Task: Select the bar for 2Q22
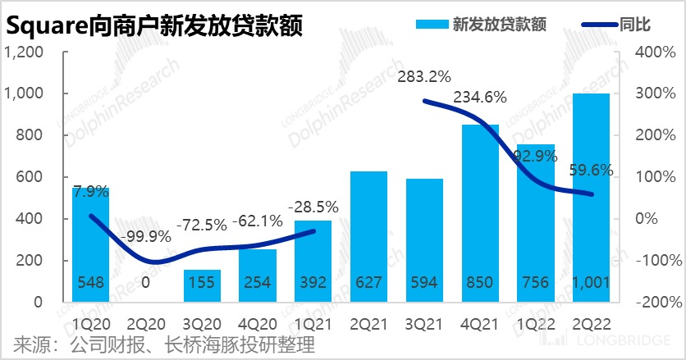[x=591, y=197]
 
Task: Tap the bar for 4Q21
[x=479, y=213]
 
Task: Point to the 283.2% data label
[x=423, y=77]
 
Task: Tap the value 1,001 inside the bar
[x=591, y=282]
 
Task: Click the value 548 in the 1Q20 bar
[x=90, y=282]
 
